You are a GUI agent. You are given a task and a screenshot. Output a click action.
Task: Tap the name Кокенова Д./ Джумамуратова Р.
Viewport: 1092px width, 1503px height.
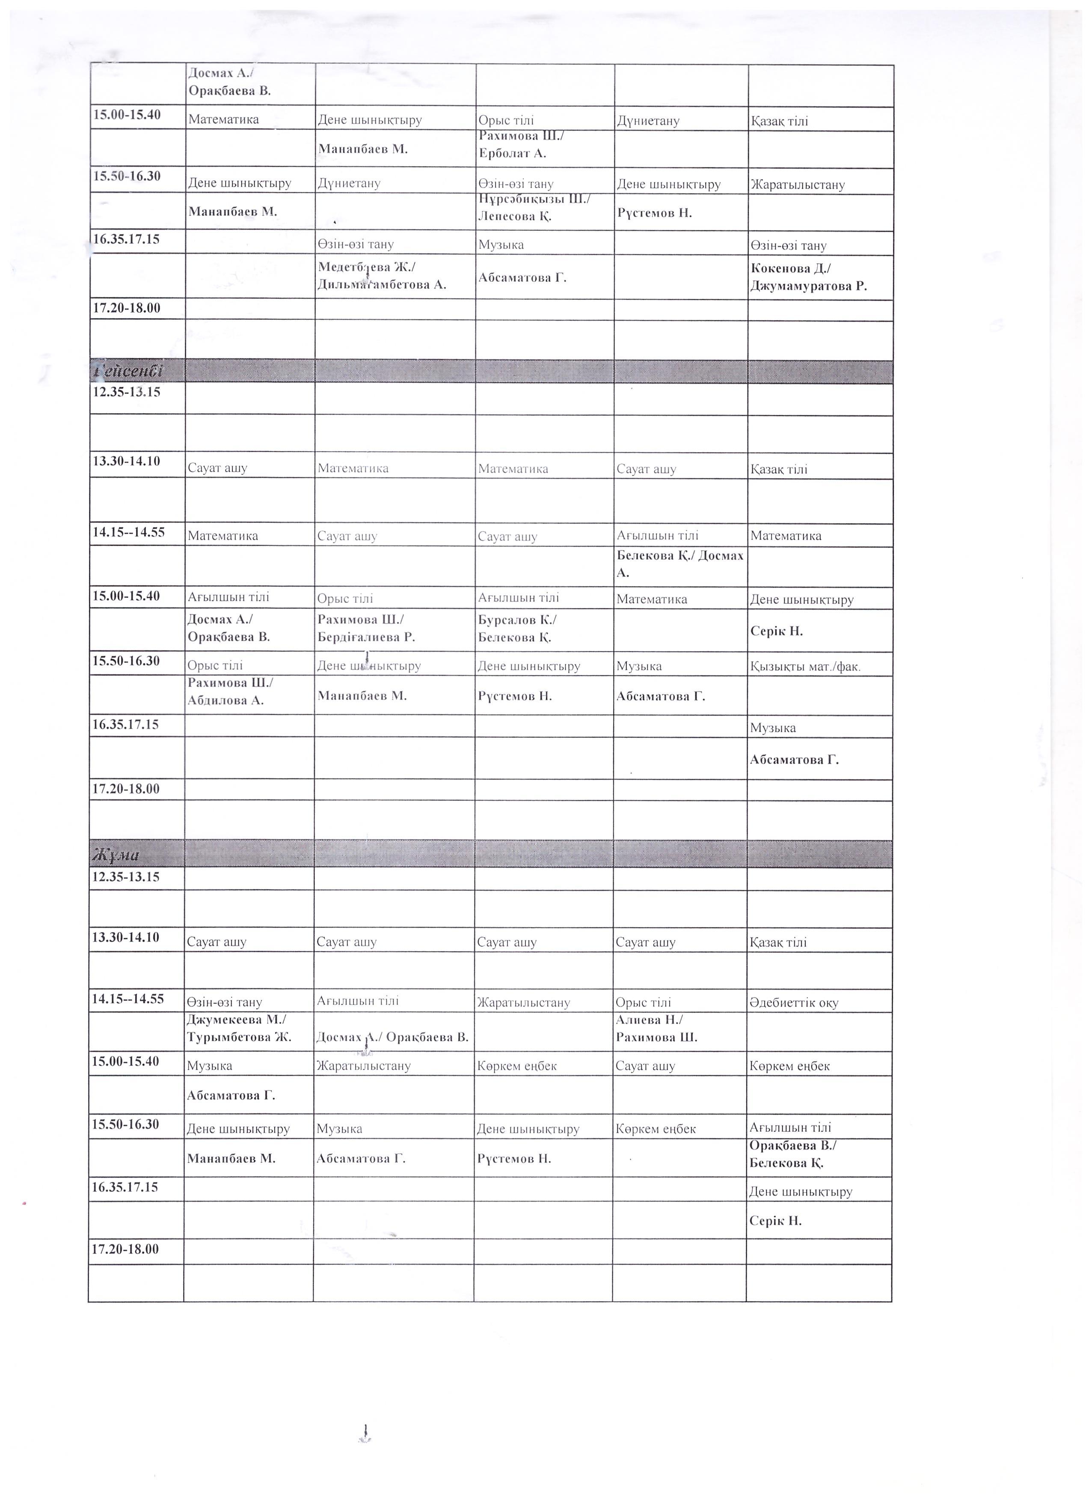coord(809,277)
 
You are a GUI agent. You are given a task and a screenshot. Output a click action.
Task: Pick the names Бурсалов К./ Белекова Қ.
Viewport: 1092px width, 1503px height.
coord(517,628)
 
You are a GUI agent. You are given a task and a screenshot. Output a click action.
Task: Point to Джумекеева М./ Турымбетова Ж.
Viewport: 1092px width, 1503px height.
coord(239,1028)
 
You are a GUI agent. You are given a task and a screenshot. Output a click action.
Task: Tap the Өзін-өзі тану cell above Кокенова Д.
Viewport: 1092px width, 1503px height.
coord(788,246)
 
